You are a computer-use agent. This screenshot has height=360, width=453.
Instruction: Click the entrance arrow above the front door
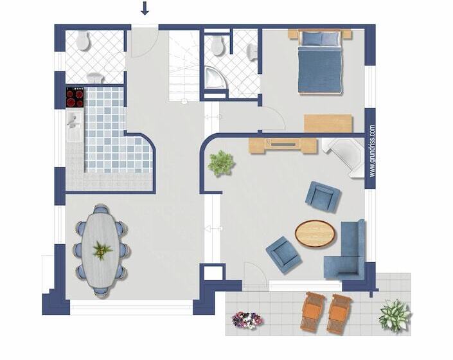pos(145,8)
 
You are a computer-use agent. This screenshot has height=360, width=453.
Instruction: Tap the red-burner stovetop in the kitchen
pos(75,97)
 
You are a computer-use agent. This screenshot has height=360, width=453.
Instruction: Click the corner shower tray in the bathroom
pos(215,77)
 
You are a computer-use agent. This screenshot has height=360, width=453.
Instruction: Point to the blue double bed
pos(320,62)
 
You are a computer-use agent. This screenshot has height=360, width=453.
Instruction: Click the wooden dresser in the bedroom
pos(328,123)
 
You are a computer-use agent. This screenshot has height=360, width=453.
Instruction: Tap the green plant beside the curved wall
pos(221,163)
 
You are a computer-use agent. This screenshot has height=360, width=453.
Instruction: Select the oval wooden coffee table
pos(315,233)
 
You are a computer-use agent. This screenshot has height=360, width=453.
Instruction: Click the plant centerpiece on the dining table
pos(102,250)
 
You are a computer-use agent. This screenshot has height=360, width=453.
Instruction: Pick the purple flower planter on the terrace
pos(247,320)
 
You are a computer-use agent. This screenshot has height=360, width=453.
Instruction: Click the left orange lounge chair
pos(312,312)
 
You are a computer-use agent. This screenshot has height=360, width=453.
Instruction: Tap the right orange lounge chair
pos(339,314)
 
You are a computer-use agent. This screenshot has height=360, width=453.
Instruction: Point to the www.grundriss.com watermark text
pos(372,151)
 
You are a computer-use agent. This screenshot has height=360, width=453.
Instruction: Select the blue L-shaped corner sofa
pos(346,251)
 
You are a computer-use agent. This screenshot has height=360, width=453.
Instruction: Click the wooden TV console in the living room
pos(283,145)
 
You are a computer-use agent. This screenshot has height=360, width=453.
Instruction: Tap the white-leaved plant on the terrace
pos(395,316)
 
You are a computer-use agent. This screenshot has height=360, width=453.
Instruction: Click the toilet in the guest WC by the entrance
pos(83,40)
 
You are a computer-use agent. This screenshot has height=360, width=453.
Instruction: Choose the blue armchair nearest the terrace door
pos(284,255)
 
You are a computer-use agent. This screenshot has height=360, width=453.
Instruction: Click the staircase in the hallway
pos(184,66)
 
